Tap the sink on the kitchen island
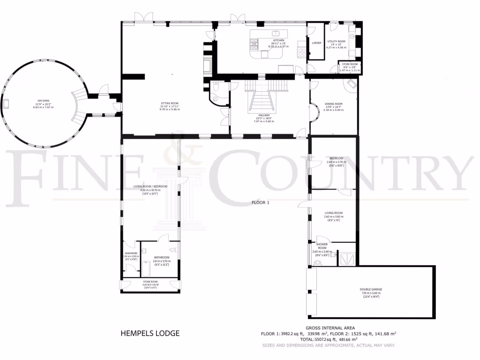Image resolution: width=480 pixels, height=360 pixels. [276, 32]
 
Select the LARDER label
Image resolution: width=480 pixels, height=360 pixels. [316, 43]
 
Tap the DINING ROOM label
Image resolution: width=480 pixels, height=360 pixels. [334, 104]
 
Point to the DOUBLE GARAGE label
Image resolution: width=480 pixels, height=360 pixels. [370, 290]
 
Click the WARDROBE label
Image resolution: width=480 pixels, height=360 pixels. [131, 253]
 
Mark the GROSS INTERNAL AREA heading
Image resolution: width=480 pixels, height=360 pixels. [330, 328]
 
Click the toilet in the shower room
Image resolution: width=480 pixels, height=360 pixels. [319, 262]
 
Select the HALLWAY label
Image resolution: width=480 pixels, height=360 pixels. [263, 115]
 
